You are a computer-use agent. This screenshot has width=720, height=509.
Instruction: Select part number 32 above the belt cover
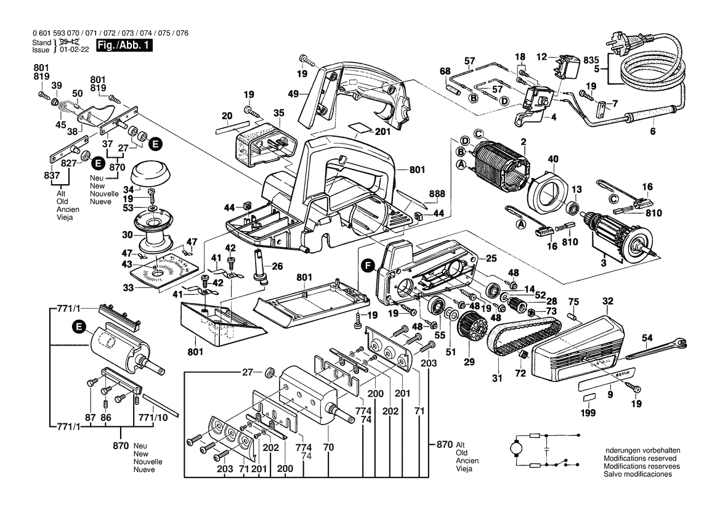click(608, 302)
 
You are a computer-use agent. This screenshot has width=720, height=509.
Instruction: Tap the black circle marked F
click(368, 266)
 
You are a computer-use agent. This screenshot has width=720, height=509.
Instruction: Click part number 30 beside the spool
click(127, 235)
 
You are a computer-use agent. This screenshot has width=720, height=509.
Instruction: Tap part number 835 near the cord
click(591, 59)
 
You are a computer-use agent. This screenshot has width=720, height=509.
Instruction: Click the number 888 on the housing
click(437, 193)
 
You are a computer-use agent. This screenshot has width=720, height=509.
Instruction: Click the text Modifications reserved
click(640, 458)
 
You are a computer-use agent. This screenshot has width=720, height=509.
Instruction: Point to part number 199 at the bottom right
click(588, 413)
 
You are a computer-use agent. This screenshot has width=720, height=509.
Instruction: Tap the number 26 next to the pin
click(277, 266)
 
